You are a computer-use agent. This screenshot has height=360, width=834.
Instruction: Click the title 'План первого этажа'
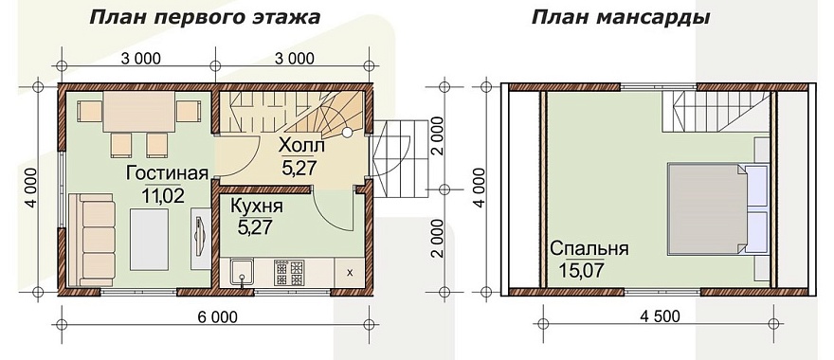point(205,18)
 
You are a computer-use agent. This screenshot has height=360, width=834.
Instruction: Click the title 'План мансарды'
point(622,18)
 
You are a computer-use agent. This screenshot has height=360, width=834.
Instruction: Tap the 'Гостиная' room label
point(166,174)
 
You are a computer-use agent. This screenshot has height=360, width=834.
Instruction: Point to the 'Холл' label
point(302,147)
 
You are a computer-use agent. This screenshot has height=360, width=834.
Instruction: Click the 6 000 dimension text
point(216,316)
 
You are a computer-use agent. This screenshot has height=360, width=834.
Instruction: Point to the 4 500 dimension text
point(660,316)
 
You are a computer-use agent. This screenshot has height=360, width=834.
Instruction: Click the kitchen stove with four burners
point(287,273)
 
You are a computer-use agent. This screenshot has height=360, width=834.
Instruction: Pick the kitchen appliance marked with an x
point(350,273)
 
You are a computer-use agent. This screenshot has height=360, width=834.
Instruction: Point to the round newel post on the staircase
point(347,133)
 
